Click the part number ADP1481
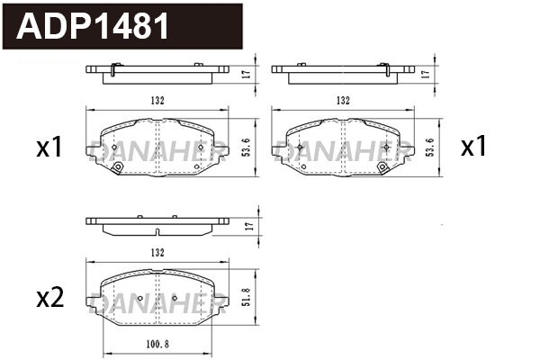coord(93,26)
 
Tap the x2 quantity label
coord(50,298)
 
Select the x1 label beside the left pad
coord(49,147)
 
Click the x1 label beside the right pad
coord(473,146)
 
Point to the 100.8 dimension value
coord(157,344)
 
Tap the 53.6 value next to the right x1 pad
coord(431,147)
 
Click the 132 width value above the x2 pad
coord(157,253)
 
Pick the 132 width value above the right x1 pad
coord(343,100)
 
